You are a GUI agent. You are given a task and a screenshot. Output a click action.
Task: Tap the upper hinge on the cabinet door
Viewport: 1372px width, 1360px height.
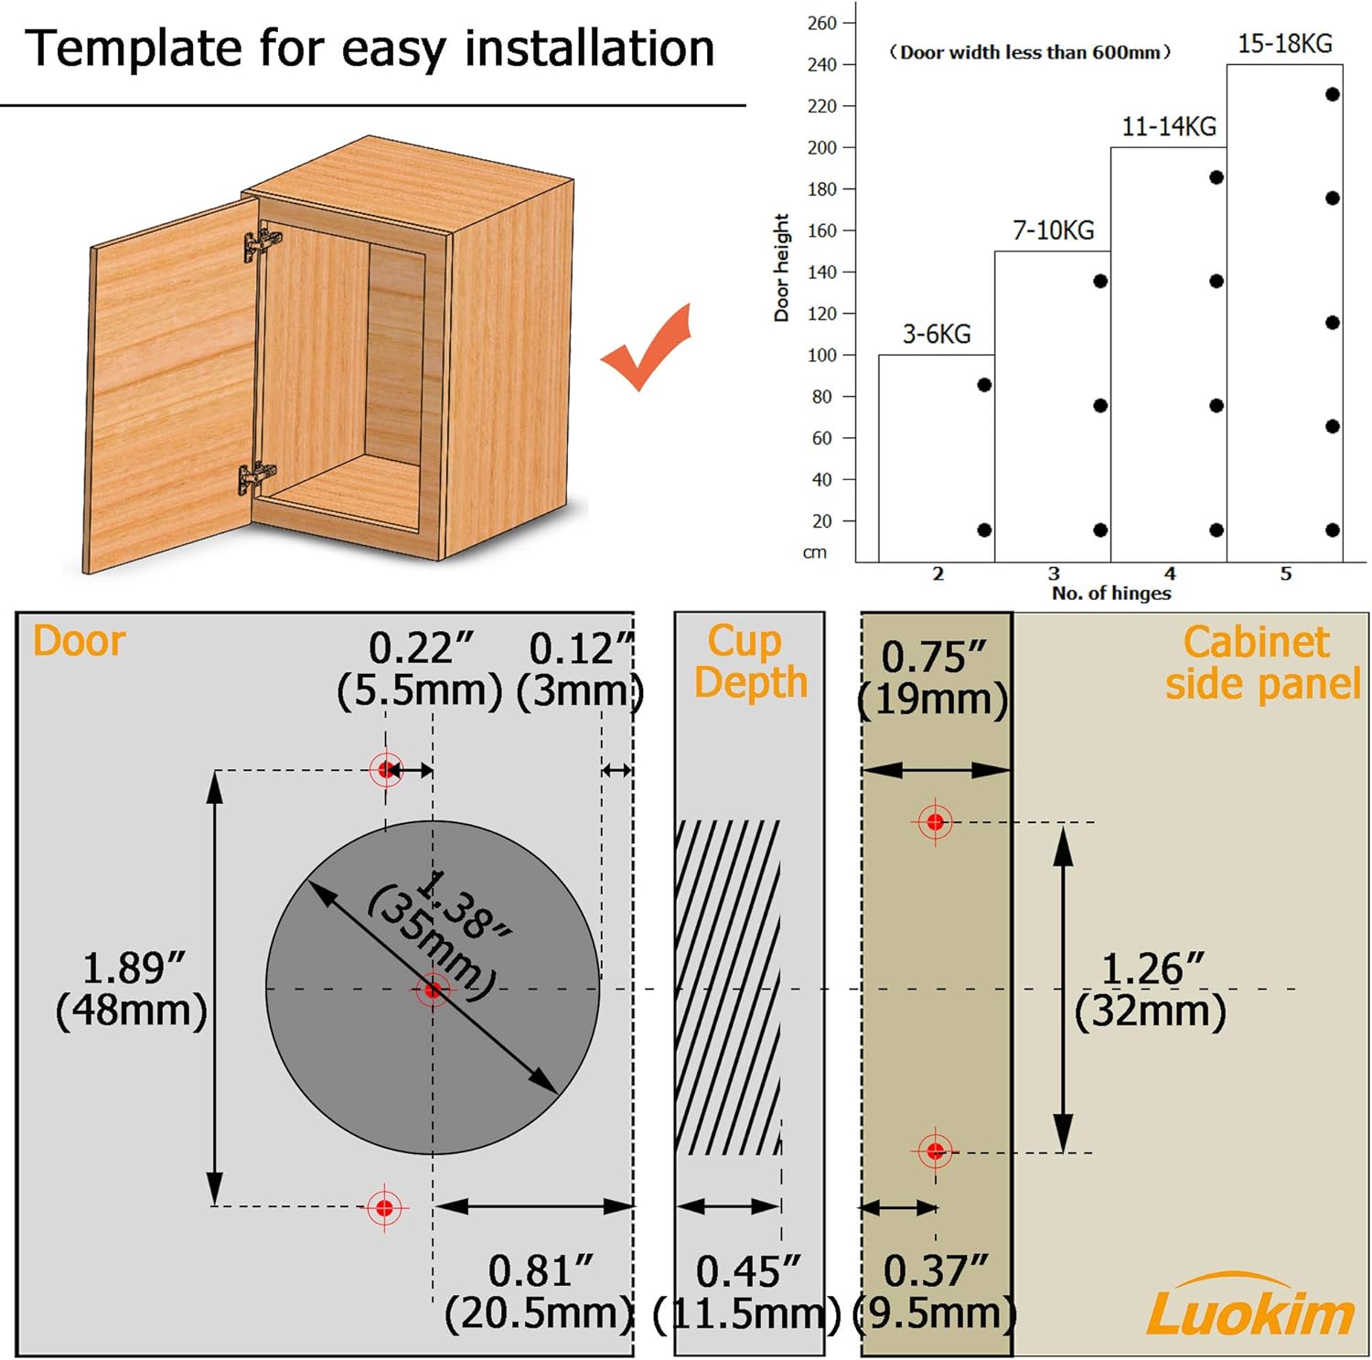(263, 242)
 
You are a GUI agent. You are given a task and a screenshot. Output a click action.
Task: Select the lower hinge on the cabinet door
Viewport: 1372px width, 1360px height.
(256, 477)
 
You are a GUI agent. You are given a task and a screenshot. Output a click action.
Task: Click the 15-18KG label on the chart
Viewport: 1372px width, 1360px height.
(1284, 44)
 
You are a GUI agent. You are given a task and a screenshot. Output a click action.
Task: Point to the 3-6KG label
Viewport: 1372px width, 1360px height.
(937, 334)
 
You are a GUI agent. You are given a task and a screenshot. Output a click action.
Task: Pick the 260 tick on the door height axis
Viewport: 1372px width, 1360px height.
(822, 23)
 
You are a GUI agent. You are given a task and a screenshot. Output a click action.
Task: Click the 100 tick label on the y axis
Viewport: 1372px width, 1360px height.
(822, 355)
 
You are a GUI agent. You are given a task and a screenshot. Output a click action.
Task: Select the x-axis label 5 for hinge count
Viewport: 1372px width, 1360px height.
(1285, 573)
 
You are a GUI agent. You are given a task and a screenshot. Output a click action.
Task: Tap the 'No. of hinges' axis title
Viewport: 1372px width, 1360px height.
(1111, 593)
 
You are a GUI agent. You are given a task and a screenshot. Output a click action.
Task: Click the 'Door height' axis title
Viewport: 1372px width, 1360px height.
(781, 268)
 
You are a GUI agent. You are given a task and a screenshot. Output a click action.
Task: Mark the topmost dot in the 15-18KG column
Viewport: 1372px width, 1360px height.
(1333, 94)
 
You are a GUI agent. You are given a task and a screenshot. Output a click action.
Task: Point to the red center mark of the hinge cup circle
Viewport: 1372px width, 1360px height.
(433, 989)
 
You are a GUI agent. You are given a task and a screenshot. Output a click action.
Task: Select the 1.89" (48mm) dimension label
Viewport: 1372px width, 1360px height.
(131, 990)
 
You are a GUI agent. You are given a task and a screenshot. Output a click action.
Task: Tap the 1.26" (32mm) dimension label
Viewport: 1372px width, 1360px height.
(1151, 991)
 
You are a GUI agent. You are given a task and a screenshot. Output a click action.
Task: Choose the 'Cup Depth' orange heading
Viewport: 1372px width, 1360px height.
(751, 662)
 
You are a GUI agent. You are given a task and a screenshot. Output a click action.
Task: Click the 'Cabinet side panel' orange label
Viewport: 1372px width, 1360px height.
(1263, 663)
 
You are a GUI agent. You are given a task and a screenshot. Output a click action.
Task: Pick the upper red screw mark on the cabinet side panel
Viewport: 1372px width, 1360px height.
(935, 822)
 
